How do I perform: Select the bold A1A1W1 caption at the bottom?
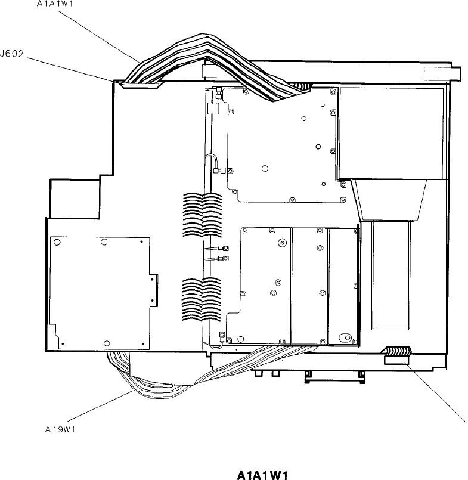click(263, 475)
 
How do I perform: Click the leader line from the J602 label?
click(72, 70)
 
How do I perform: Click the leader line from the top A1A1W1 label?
click(101, 33)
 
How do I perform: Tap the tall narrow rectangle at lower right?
click(390, 274)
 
